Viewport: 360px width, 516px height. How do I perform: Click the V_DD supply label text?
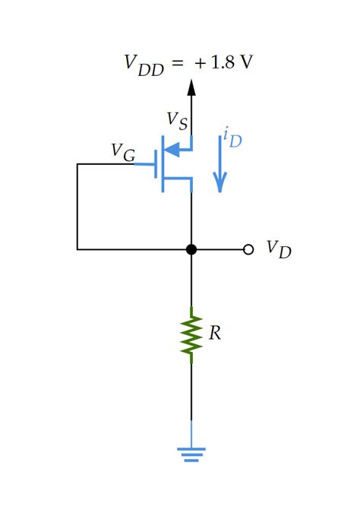[x=144, y=64]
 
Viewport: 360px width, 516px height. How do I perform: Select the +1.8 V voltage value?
[x=224, y=62]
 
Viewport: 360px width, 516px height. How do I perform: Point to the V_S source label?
[x=177, y=120]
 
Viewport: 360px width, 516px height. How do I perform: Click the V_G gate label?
[x=122, y=152]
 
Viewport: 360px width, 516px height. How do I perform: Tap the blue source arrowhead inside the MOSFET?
[x=173, y=149]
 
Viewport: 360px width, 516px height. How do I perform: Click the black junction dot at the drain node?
[x=191, y=249]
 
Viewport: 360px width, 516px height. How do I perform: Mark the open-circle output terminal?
[x=248, y=249]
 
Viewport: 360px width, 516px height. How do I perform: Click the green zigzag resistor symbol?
[x=191, y=335]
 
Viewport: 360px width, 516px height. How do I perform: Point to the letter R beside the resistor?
[x=215, y=334]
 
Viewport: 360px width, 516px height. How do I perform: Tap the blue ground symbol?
[x=191, y=454]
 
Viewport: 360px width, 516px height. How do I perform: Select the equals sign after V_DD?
[x=177, y=63]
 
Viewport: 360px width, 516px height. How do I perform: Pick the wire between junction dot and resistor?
[x=191, y=281]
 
